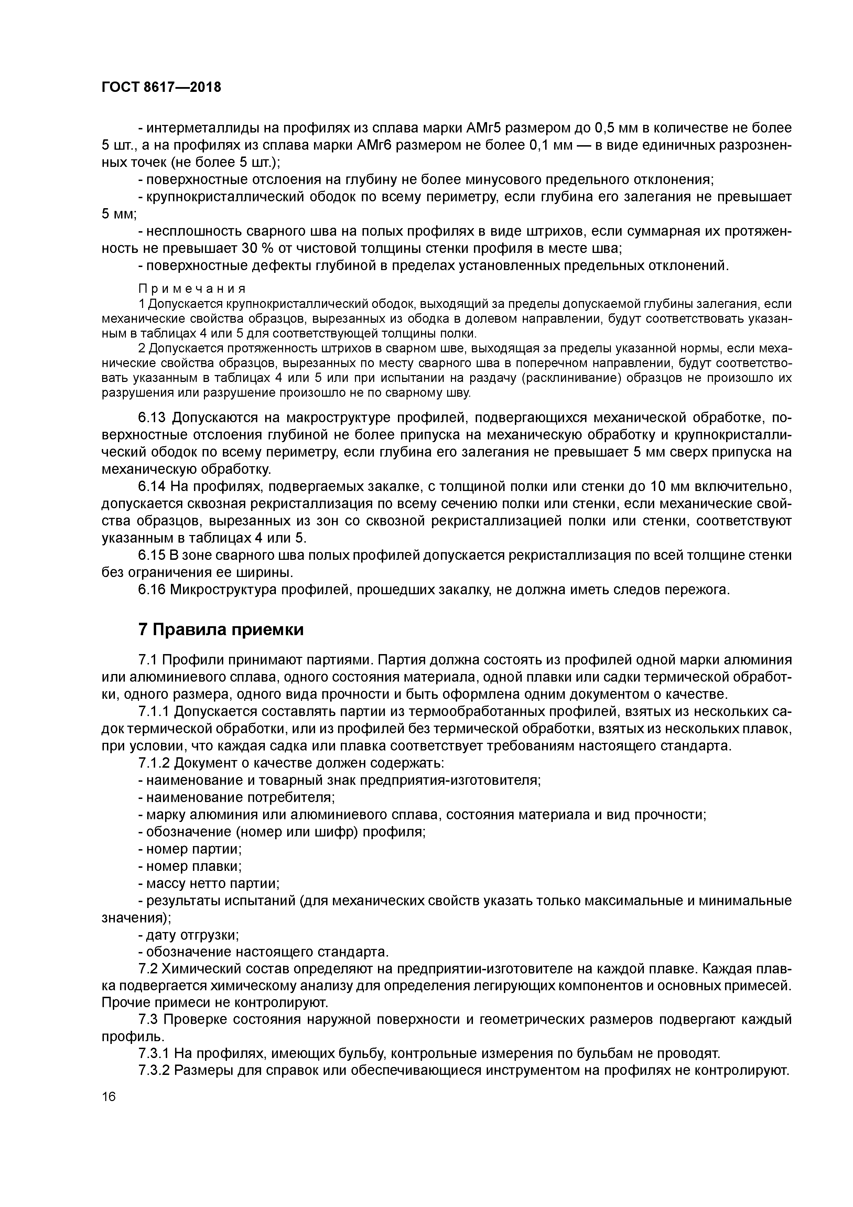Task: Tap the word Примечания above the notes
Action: point(192,289)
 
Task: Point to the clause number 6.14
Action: point(152,486)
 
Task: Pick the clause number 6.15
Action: point(152,555)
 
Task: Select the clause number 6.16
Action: point(152,590)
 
